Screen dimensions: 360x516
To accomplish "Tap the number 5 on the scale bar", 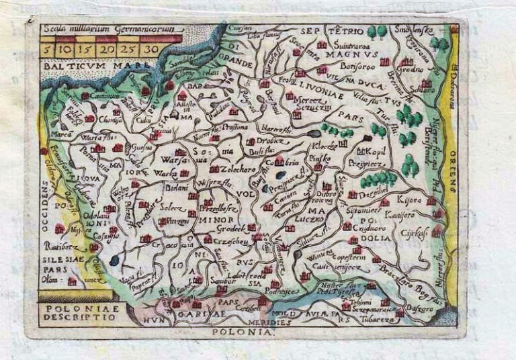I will tap(48, 49).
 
